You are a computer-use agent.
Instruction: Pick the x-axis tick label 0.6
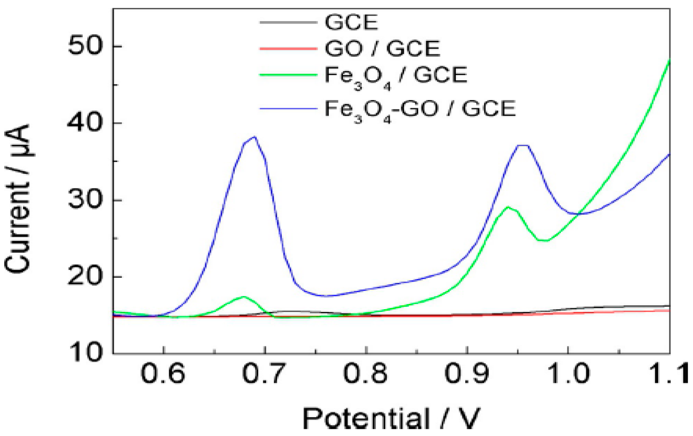[x=164, y=374]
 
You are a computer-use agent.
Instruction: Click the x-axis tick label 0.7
[x=265, y=374]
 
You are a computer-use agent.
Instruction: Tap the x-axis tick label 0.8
[x=366, y=374]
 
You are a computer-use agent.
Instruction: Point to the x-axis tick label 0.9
[x=467, y=374]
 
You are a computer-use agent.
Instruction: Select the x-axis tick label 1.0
[x=568, y=374]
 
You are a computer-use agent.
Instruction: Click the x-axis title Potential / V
[x=391, y=418]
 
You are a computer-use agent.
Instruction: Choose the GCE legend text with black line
[x=351, y=23]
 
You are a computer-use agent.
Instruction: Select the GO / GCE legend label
[x=382, y=48]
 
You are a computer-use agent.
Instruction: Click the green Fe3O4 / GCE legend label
[x=396, y=76]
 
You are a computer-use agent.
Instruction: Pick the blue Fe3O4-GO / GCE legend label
[x=420, y=109]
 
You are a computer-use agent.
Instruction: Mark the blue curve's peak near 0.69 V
[x=254, y=137]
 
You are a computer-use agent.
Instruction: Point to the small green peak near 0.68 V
[x=244, y=296]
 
